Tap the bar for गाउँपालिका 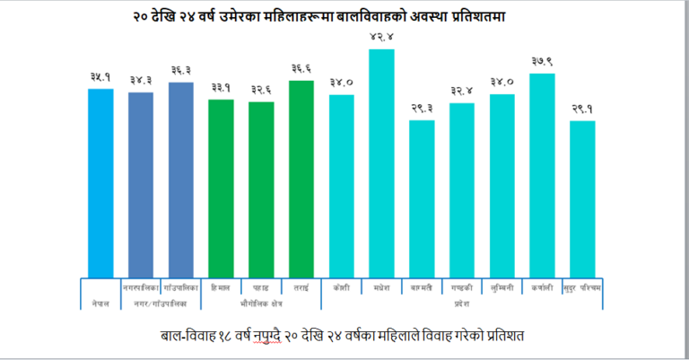tap(180, 180)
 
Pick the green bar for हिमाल tap(221, 188)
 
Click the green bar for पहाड tap(261, 189)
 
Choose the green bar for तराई tap(301, 179)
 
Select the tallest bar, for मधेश tap(381, 162)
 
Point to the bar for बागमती tap(422, 198)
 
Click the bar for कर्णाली tap(542, 175)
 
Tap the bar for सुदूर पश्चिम tap(582, 198)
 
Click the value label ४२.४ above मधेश tap(380, 37)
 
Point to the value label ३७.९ tap(541, 61)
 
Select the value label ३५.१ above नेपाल tap(100, 77)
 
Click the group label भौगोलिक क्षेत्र tap(260, 304)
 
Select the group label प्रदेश tap(461, 304)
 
